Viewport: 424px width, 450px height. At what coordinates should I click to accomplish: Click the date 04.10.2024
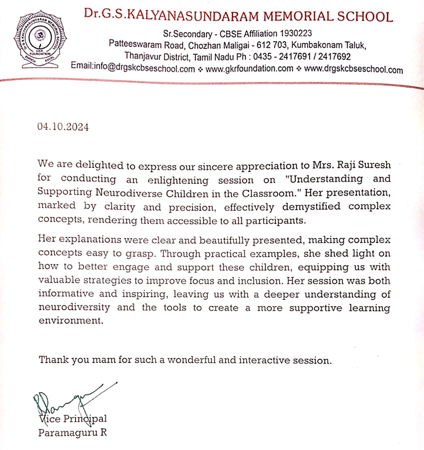(63, 126)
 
